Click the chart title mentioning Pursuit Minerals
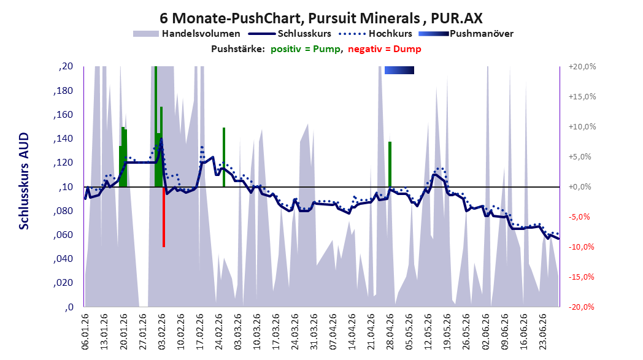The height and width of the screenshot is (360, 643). [321, 18]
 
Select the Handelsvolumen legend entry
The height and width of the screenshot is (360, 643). [187, 34]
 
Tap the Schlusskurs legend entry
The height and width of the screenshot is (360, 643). [290, 34]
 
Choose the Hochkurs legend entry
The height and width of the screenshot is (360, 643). [375, 34]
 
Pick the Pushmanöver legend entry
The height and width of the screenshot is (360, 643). [466, 34]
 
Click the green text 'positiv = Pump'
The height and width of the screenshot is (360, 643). [305, 49]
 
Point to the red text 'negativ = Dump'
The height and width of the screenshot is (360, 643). [384, 49]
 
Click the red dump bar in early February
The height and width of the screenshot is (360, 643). [164, 217]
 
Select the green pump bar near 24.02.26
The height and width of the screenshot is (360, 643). [224, 157]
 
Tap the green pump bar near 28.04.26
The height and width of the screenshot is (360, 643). [390, 164]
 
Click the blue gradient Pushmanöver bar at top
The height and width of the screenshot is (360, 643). [399, 70]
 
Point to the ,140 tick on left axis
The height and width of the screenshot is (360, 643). [63, 139]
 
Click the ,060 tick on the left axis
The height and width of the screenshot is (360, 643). [63, 235]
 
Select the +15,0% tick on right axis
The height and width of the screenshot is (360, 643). [582, 97]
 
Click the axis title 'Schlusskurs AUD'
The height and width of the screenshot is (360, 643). [24, 182]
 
